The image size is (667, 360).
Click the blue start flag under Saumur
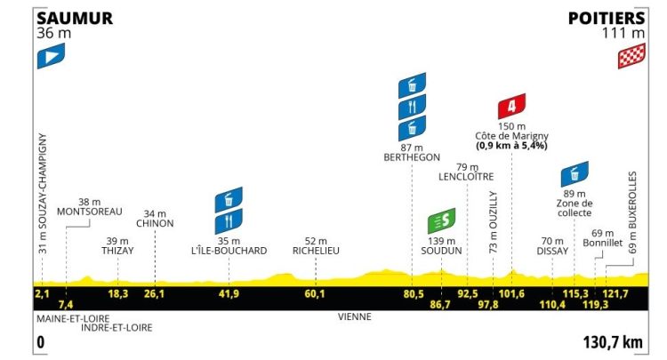pos(50,58)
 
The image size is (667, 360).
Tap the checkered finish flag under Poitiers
pos(630,58)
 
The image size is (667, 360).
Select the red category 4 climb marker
pos(510,108)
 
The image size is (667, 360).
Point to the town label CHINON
pos(156,223)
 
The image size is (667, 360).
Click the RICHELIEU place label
pos(321,251)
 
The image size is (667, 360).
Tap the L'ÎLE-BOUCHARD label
pos(229,251)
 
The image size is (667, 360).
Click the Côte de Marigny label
pos(510,135)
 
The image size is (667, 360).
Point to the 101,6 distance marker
pos(510,293)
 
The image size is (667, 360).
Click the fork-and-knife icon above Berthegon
pos(412,108)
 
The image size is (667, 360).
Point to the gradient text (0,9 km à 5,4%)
pos(510,145)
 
